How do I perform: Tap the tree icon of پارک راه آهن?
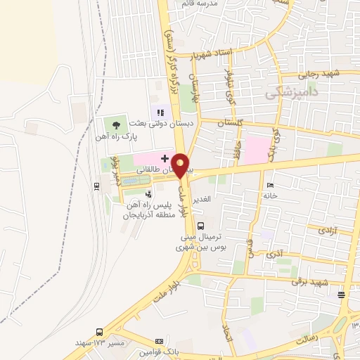(117, 124)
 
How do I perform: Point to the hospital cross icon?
(165, 157)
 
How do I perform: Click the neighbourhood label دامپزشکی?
(292, 92)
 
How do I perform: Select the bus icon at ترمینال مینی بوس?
(202, 226)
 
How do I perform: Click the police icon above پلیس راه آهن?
(148, 194)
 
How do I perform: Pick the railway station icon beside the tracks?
(96, 186)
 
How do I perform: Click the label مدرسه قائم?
(200, 4)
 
